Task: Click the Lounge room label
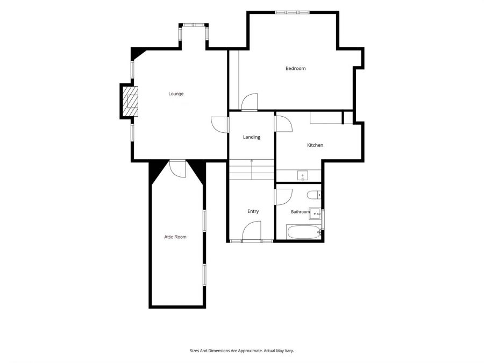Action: (176, 94)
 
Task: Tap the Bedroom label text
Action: (295, 68)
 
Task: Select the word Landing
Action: (252, 137)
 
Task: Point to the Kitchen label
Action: (315, 145)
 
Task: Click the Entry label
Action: (253, 211)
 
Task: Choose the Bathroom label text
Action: (300, 212)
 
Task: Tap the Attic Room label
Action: (175, 237)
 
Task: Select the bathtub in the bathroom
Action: (304, 231)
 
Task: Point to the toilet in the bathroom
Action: (314, 195)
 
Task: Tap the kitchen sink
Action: (303, 175)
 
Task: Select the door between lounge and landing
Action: (219, 125)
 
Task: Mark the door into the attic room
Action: (177, 168)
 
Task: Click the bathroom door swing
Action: (283, 197)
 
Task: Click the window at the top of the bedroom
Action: (293, 12)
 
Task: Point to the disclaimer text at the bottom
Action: (241, 351)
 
